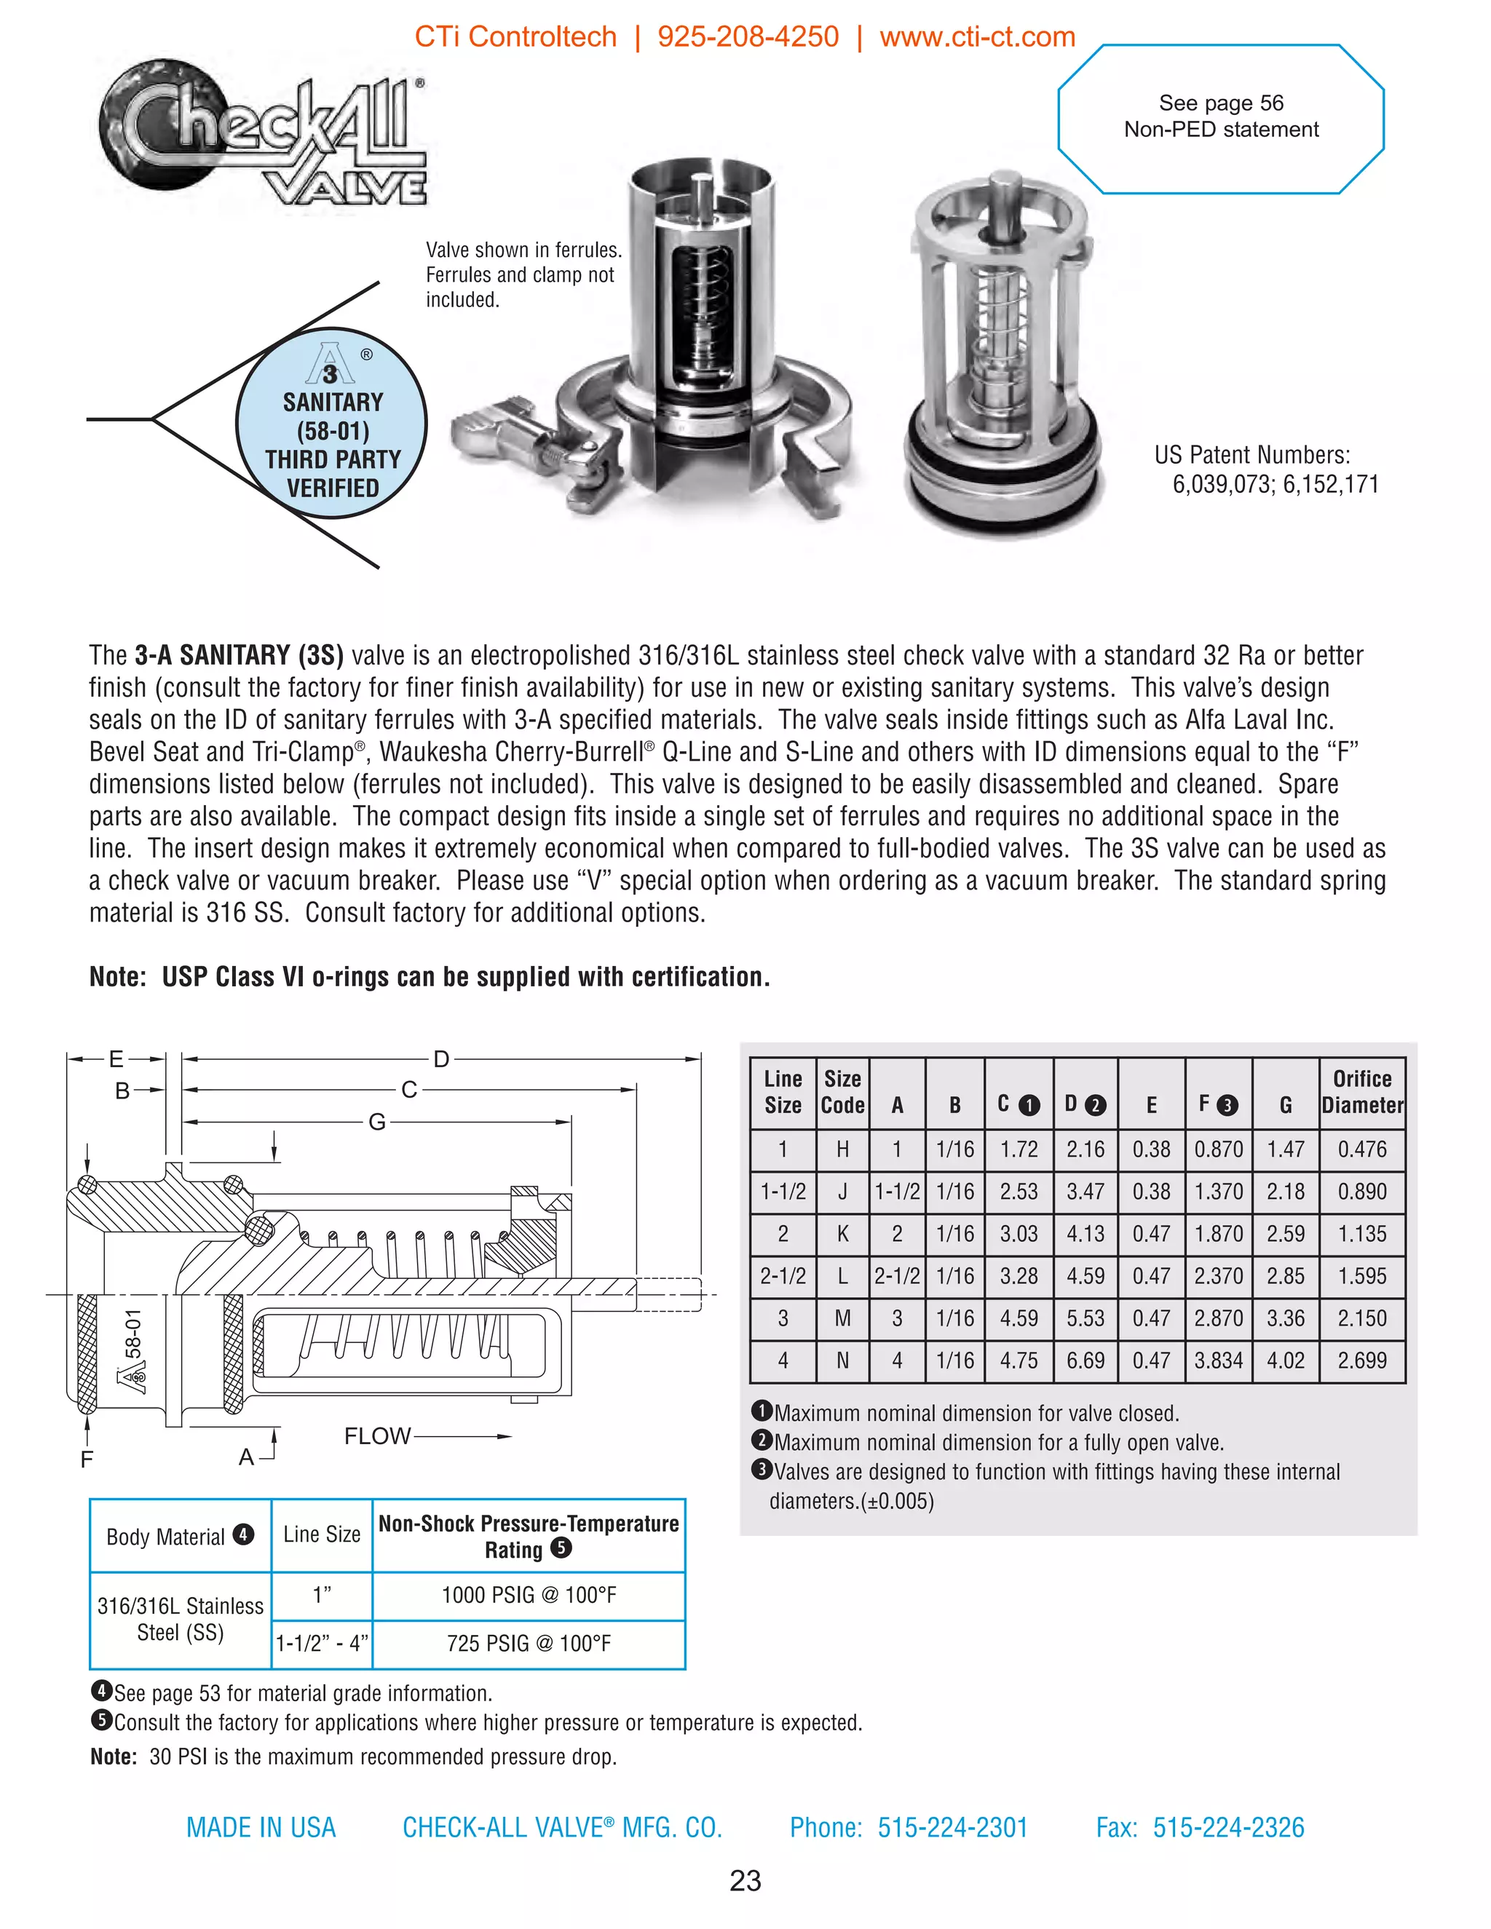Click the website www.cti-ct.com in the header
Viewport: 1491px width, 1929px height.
977,37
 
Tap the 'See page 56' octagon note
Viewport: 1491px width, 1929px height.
1221,116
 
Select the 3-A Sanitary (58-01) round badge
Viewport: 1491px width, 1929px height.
332,424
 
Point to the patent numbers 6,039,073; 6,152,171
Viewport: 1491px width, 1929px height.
1275,484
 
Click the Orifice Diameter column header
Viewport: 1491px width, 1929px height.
1362,1092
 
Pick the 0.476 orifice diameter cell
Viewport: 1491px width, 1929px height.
1361,1149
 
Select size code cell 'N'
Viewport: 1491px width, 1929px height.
842,1360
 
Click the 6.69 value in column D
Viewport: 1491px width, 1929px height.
1085,1360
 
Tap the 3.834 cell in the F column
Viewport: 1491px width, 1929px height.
1218,1360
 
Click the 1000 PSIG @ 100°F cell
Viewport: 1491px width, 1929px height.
529,1595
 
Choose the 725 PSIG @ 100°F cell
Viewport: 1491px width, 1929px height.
529,1644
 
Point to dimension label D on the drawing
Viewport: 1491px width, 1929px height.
440,1058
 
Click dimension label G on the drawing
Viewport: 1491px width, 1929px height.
377,1122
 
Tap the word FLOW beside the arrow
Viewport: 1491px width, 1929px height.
377,1436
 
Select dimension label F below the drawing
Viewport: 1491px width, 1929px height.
87,1459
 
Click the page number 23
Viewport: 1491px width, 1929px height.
745,1880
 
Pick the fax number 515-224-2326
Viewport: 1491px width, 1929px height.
1227,1827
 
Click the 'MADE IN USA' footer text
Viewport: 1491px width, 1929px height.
261,1827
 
